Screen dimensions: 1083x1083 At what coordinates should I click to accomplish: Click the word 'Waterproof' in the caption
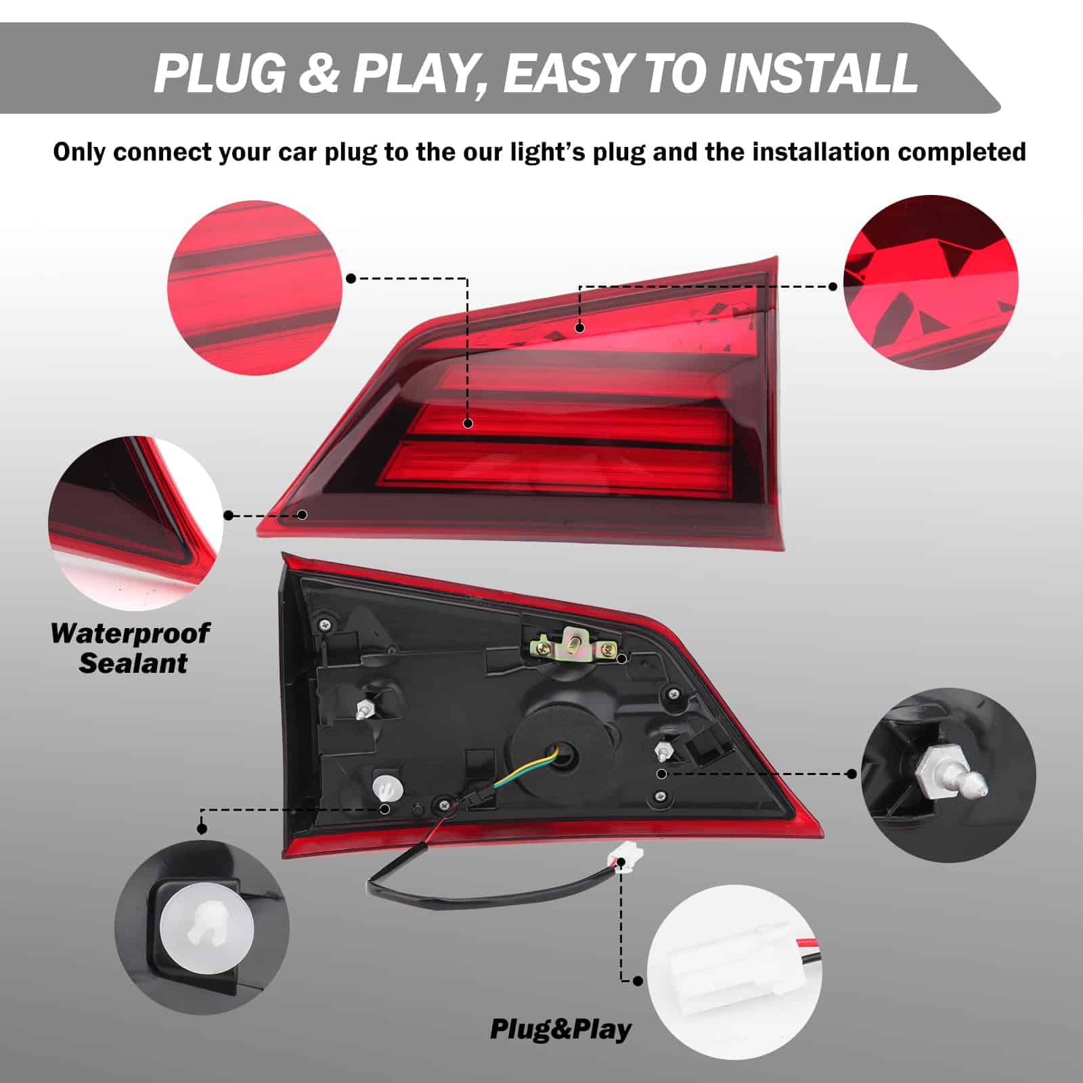pyautogui.click(x=130, y=634)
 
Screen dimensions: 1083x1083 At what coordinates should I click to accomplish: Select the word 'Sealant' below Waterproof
pyautogui.click(x=133, y=663)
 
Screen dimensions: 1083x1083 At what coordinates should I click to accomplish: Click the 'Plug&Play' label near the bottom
pyautogui.click(x=560, y=1029)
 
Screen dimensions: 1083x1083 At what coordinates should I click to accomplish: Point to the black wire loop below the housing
pyautogui.click(x=474, y=892)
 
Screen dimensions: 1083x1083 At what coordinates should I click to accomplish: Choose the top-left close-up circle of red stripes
pyautogui.click(x=255, y=288)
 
